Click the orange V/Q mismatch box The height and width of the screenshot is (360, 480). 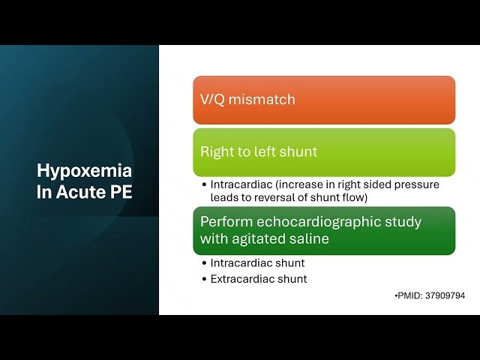323,100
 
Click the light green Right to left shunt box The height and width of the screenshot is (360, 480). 323,152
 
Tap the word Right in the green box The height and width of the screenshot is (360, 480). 214,152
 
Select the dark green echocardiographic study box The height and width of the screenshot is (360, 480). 323,231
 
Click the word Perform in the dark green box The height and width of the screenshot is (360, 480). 224,223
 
